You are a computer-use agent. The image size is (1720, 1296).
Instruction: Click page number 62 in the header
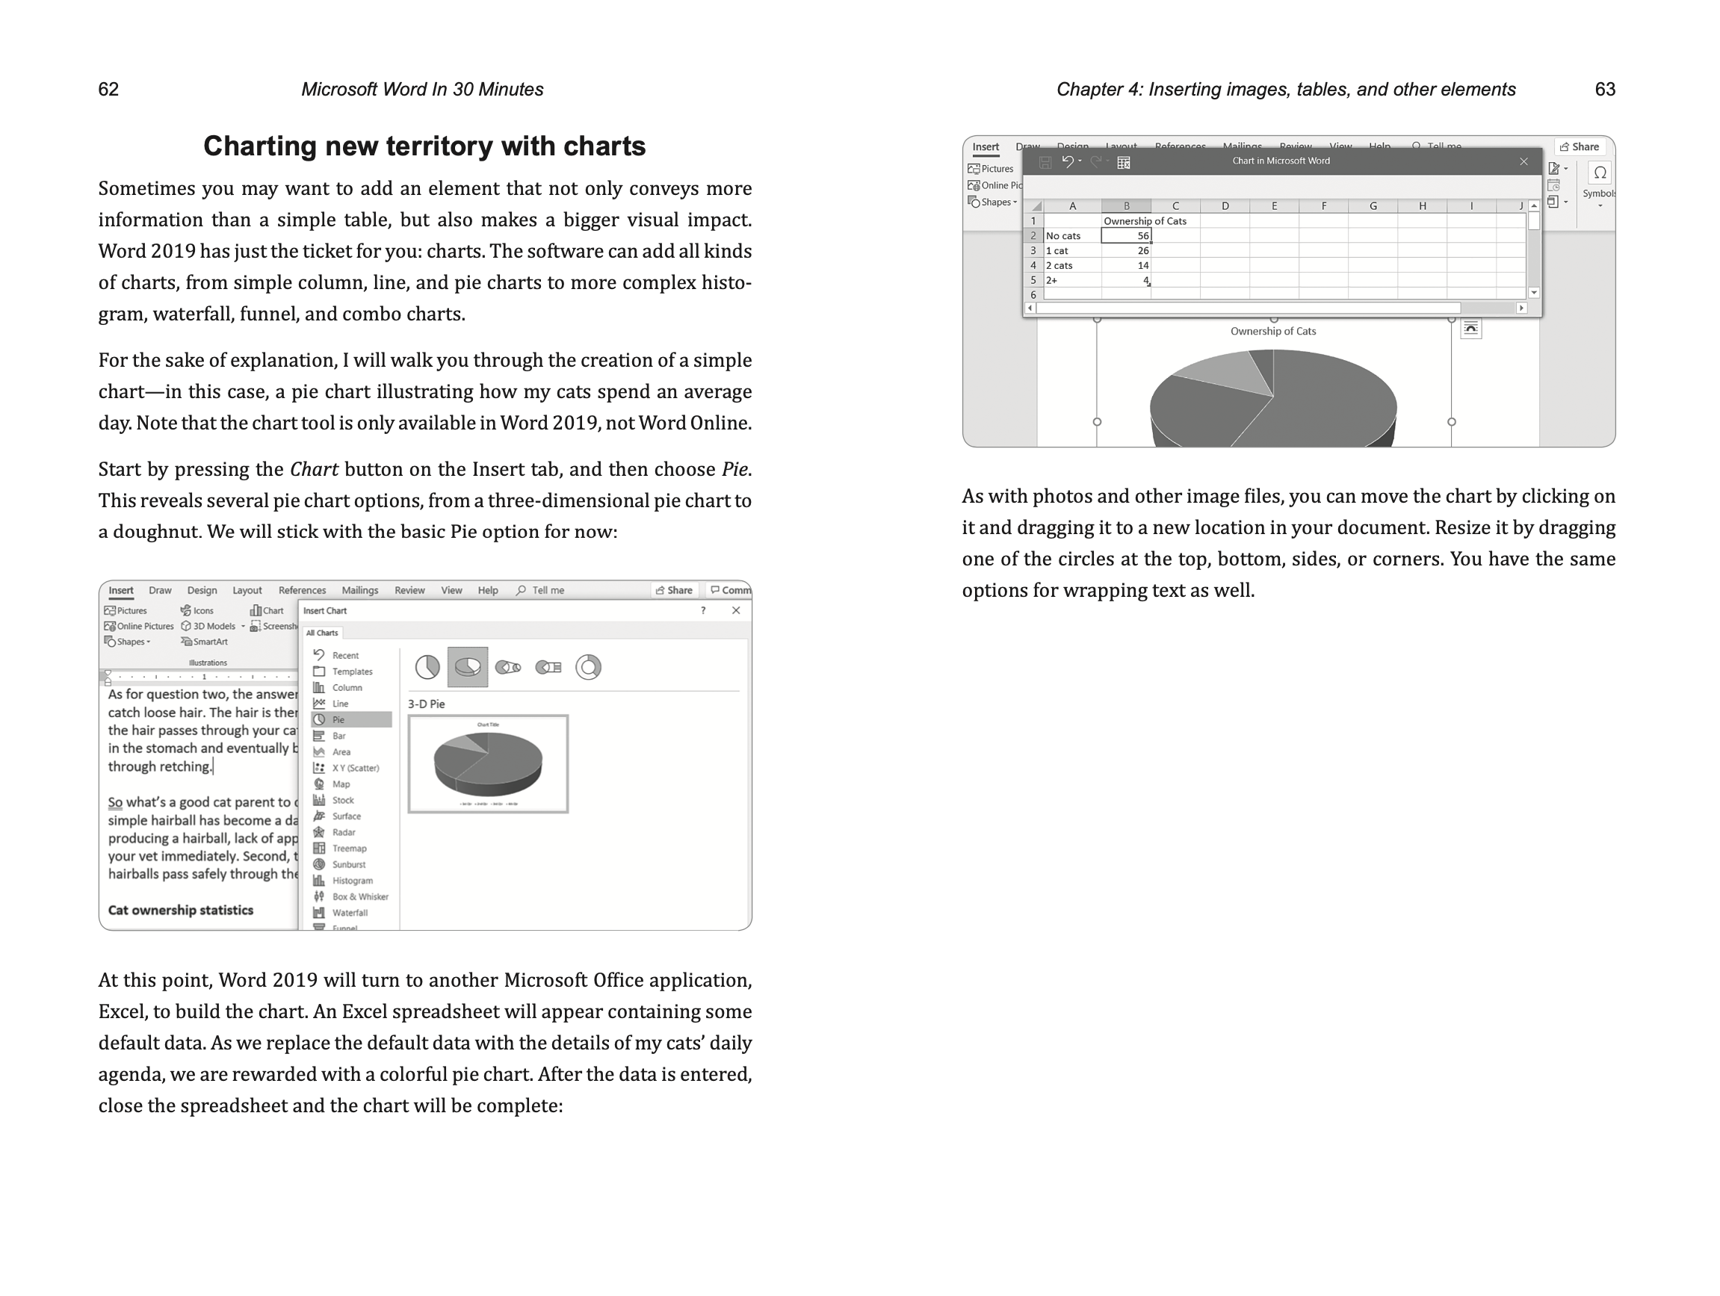(x=108, y=90)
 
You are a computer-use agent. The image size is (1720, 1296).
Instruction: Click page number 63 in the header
(x=1604, y=90)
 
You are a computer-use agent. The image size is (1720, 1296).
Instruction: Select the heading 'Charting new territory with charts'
(x=424, y=146)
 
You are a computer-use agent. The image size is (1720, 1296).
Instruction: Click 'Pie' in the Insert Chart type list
(x=338, y=720)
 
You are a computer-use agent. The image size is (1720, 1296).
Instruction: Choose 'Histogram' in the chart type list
(x=351, y=881)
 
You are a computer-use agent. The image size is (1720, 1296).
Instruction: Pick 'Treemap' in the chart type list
(x=348, y=849)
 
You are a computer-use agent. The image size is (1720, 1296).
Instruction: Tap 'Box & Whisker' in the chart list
(x=359, y=896)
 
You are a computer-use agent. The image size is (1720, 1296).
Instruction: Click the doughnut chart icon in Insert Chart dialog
(x=588, y=667)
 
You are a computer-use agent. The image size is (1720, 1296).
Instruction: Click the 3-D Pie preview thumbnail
(x=488, y=763)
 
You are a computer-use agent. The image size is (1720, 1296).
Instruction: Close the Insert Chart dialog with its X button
(x=735, y=610)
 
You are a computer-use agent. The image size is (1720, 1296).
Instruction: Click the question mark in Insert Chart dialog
(x=703, y=610)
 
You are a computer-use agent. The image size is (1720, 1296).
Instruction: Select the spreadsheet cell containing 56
(x=1126, y=235)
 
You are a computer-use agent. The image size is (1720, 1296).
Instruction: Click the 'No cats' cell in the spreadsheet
(x=1071, y=235)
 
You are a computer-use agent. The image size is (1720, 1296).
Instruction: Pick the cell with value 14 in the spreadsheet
(x=1126, y=265)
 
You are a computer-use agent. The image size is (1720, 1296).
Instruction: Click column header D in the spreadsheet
(x=1225, y=206)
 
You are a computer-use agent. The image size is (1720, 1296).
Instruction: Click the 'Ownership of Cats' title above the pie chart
(x=1273, y=331)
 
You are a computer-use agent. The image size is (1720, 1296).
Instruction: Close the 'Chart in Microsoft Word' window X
(x=1523, y=161)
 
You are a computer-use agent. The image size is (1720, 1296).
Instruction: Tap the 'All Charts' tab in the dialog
(x=322, y=633)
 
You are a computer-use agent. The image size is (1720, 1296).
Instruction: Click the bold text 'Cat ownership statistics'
(x=180, y=910)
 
